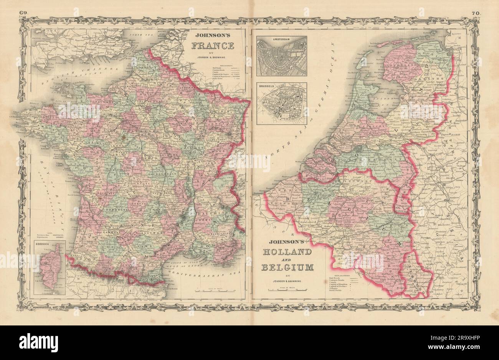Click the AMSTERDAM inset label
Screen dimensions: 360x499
[x=281, y=39]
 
